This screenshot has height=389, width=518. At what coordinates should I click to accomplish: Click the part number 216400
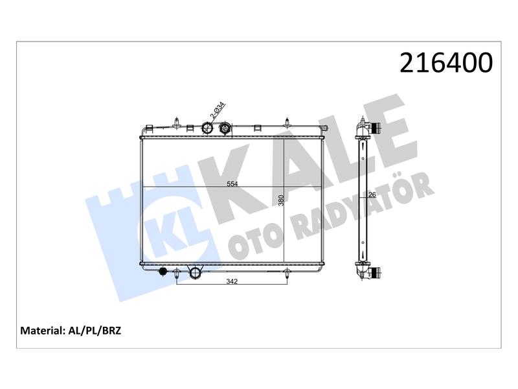(446, 63)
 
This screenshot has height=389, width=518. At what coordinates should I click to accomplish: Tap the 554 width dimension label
(232, 184)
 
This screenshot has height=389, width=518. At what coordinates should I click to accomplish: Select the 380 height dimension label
(281, 200)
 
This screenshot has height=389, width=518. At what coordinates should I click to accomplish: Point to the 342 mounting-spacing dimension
(232, 281)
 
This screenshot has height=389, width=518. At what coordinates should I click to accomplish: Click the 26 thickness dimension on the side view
(372, 195)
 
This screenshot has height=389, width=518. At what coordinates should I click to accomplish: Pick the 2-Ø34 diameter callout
(218, 110)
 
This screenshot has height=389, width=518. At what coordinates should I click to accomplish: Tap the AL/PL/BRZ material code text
(95, 331)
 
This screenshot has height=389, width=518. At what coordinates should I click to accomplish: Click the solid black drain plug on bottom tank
(163, 272)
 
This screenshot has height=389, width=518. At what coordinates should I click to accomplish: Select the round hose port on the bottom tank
(195, 272)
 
